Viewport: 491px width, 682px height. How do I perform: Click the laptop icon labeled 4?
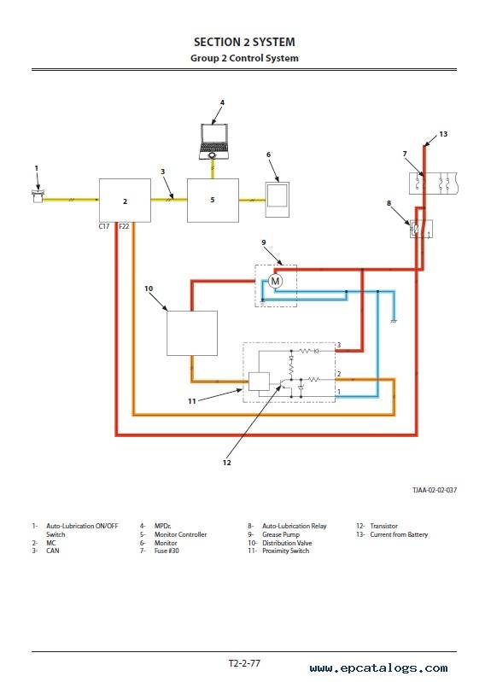click(x=213, y=142)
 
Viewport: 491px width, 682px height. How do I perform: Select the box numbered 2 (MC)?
click(x=125, y=201)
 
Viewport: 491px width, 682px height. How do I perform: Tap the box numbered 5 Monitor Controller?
click(x=213, y=201)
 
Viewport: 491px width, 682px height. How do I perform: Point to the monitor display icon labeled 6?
click(x=278, y=200)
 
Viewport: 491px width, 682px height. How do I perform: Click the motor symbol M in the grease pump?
click(x=275, y=281)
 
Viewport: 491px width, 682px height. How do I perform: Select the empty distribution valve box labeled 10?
click(x=192, y=333)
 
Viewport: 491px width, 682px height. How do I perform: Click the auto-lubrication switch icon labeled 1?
click(x=38, y=196)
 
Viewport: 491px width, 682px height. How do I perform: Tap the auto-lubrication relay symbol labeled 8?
click(x=421, y=229)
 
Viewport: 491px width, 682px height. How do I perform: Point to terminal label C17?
click(x=104, y=226)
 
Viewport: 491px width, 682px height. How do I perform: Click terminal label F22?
click(x=124, y=226)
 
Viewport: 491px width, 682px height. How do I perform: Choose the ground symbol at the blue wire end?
click(x=394, y=321)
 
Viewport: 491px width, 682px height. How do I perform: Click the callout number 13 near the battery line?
click(x=443, y=134)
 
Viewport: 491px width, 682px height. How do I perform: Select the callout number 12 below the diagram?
click(x=227, y=463)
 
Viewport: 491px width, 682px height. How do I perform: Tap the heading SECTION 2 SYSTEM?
click(x=244, y=42)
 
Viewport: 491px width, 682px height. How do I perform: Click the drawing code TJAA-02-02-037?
click(x=435, y=490)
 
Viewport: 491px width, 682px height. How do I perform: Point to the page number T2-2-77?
click(x=244, y=663)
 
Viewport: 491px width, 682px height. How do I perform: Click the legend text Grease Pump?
click(x=281, y=534)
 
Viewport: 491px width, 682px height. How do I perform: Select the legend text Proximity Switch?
click(x=285, y=551)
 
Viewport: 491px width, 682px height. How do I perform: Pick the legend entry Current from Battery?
click(x=399, y=534)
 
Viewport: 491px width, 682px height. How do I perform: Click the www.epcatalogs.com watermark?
click(x=378, y=668)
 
